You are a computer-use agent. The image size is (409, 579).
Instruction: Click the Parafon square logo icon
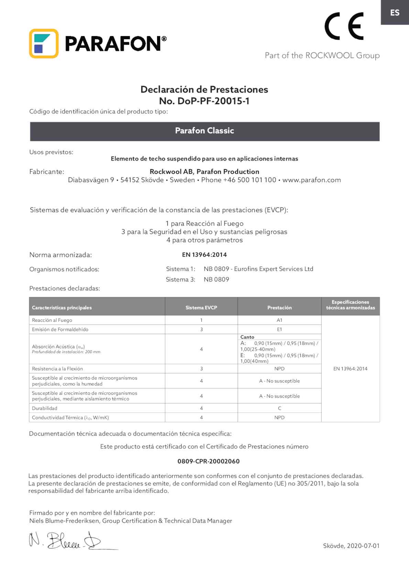pos(44,44)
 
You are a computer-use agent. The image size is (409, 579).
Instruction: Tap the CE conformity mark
pos(344,26)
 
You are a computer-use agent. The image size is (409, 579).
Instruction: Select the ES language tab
pos(395,13)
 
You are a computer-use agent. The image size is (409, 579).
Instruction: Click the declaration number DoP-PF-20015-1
pos(204,101)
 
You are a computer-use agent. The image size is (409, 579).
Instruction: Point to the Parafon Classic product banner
pos(204,131)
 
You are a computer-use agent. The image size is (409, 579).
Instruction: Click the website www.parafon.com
pos(311,180)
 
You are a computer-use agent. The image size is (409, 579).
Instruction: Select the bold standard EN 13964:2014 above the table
pos(204,255)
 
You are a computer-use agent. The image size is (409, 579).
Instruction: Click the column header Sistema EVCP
pos(201,308)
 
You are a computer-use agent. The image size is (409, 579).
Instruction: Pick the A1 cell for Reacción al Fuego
pos(279,320)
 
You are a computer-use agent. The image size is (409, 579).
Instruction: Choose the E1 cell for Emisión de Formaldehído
pos(279,329)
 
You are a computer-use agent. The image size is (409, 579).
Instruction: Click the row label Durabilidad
pos(45,408)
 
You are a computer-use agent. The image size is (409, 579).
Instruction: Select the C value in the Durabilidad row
pos(279,408)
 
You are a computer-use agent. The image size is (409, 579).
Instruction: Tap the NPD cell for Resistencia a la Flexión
pos(279,369)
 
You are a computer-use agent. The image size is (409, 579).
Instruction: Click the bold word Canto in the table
pos(247,337)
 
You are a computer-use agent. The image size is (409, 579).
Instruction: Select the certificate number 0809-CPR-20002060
pos(208,461)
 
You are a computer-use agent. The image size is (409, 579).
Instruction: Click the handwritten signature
pos(69,540)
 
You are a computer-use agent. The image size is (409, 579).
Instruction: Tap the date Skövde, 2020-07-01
pos(351,546)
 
